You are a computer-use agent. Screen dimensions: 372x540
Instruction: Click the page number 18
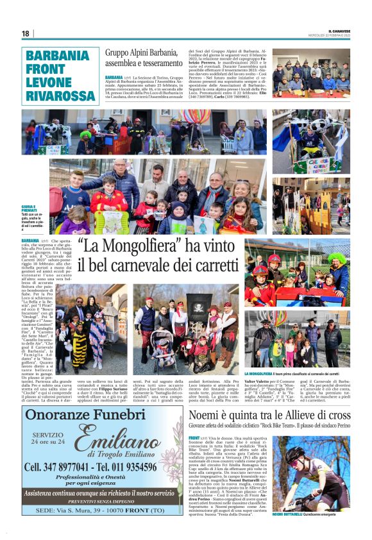[25, 33]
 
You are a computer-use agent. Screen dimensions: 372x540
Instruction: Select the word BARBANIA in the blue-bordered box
[57, 55]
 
